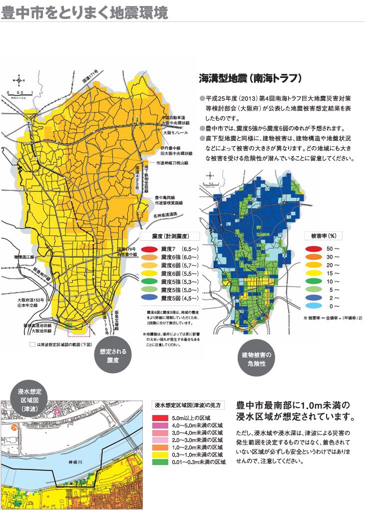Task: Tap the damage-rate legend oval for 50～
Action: [x=313, y=248]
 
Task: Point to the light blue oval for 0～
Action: [x=313, y=306]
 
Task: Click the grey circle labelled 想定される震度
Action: [x=112, y=355]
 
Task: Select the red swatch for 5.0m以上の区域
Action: [x=161, y=417]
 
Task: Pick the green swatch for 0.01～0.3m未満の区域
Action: [x=161, y=462]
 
